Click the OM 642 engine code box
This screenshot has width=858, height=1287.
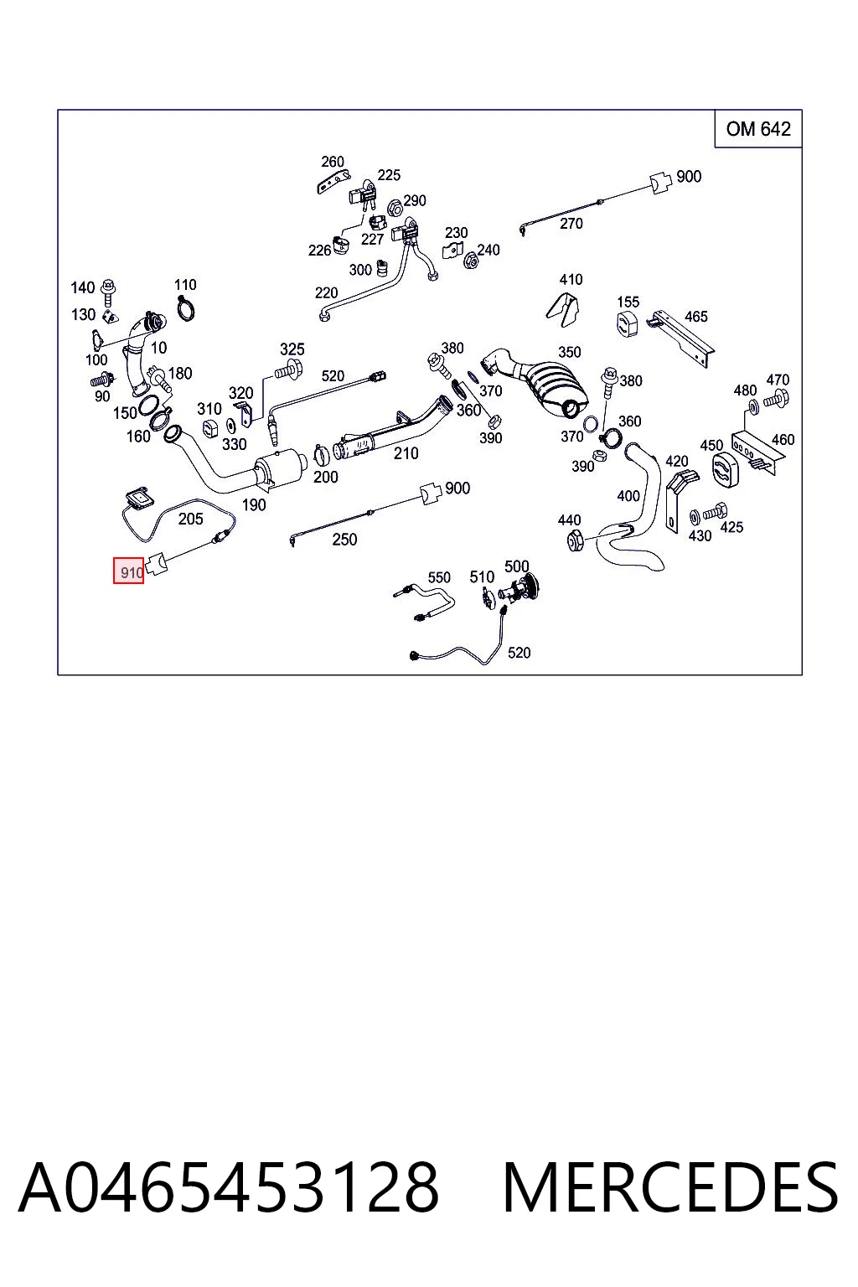tap(757, 129)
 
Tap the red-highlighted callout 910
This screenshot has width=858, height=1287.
tap(129, 571)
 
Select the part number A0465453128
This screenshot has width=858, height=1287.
tap(229, 1187)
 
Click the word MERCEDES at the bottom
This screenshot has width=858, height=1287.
tap(670, 1187)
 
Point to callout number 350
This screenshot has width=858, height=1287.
tap(569, 352)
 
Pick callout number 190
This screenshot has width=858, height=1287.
tap(253, 505)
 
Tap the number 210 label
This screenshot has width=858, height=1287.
tap(406, 453)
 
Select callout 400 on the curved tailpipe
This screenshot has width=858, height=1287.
tap(628, 496)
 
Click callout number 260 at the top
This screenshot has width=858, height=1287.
tap(332, 162)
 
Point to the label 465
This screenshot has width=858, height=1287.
tap(696, 317)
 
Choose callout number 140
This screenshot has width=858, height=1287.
tap(82, 287)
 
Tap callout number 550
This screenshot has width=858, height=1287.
tap(439, 577)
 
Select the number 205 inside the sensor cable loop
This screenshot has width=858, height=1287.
tap(190, 519)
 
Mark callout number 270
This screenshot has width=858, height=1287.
tap(571, 224)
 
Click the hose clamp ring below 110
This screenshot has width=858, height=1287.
tap(186, 309)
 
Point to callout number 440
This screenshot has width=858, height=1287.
tap(569, 520)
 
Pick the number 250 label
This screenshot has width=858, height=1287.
tap(344, 540)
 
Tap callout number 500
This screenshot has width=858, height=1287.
tap(516, 566)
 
